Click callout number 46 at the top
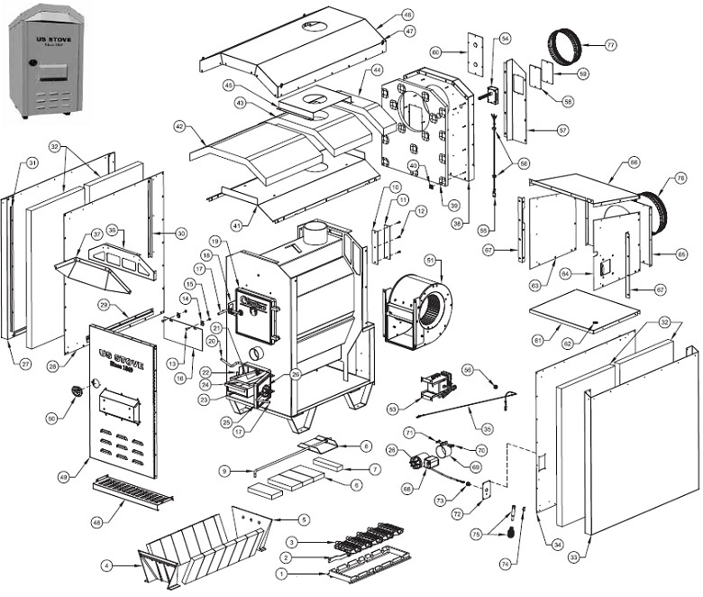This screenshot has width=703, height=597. click(x=407, y=15)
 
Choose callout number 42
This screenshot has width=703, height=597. click(x=179, y=127)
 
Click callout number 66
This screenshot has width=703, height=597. click(x=634, y=162)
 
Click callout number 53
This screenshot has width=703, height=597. click(x=417, y=409)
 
